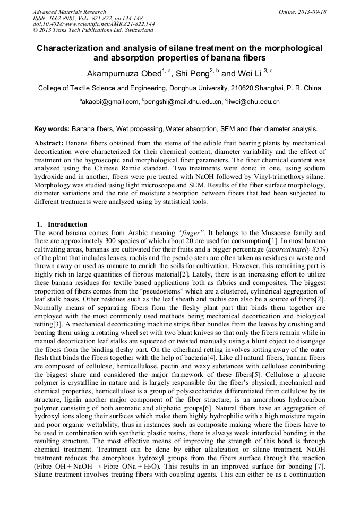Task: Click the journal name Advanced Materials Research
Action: tap(69, 12)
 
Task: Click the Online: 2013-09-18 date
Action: tap(302, 12)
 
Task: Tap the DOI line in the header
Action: tap(93, 24)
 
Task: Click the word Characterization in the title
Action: tap(72, 48)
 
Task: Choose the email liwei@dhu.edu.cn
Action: tap(253, 102)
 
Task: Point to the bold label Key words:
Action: tap(52, 129)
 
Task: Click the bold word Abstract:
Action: tap(49, 144)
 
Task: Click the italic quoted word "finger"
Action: tap(192, 232)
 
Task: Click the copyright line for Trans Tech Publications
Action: tap(93, 31)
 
